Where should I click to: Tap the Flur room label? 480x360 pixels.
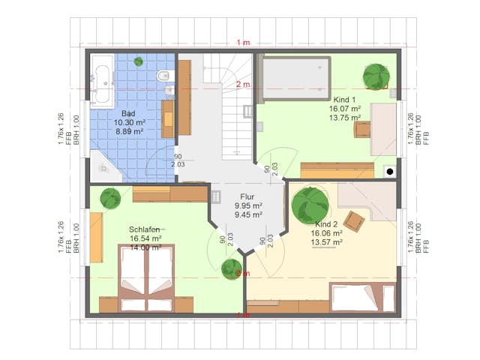(x=247, y=196)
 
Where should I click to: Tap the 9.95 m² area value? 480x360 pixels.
(x=247, y=205)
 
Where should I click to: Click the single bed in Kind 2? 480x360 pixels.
(x=361, y=297)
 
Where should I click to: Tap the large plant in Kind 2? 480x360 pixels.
(x=308, y=203)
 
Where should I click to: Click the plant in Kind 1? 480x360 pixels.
(x=375, y=76)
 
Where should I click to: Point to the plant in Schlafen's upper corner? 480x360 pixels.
(x=111, y=199)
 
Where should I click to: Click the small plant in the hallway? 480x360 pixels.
(x=232, y=268)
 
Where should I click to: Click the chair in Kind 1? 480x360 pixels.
(x=362, y=129)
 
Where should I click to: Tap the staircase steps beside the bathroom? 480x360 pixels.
(x=236, y=105)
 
